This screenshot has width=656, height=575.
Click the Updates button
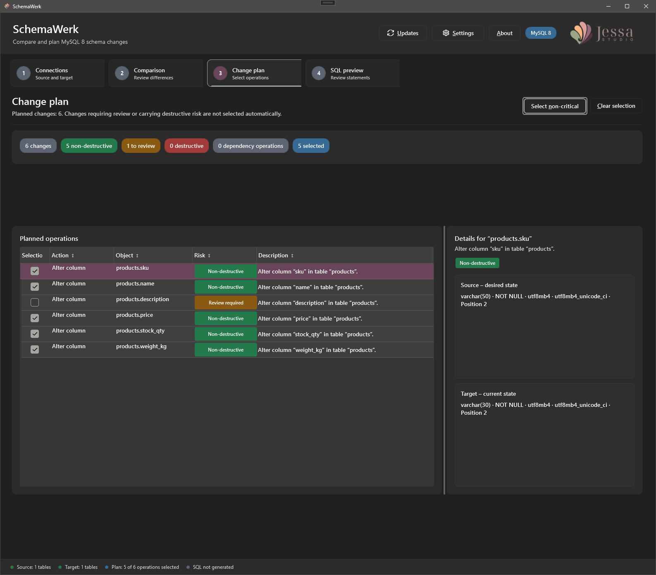pyautogui.click(x=403, y=33)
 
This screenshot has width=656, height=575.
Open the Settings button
pyautogui.click(x=458, y=33)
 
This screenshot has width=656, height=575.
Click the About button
pyautogui.click(x=504, y=33)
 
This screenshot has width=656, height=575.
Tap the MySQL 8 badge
pyautogui.click(x=541, y=33)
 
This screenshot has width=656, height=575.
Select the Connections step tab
pyautogui.click(x=57, y=73)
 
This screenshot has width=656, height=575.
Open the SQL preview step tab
pyautogui.click(x=353, y=73)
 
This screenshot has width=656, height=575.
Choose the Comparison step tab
pyautogui.click(x=156, y=73)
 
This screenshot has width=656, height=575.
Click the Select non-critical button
pyautogui.click(x=555, y=106)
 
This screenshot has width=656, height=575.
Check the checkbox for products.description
pyautogui.click(x=35, y=302)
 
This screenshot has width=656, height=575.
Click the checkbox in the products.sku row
pyautogui.click(x=35, y=271)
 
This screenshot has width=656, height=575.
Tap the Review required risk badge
pyautogui.click(x=226, y=303)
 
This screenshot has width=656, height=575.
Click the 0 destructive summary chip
pyautogui.click(x=186, y=146)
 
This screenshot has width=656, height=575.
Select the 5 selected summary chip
pyautogui.click(x=311, y=146)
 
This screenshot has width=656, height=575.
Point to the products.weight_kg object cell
pyautogui.click(x=141, y=346)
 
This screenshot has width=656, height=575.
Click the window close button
pyautogui.click(x=646, y=6)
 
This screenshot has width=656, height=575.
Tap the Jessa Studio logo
pyautogui.click(x=602, y=33)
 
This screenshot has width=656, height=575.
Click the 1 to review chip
pyautogui.click(x=141, y=146)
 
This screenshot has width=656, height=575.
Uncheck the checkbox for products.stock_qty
pyautogui.click(x=35, y=334)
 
